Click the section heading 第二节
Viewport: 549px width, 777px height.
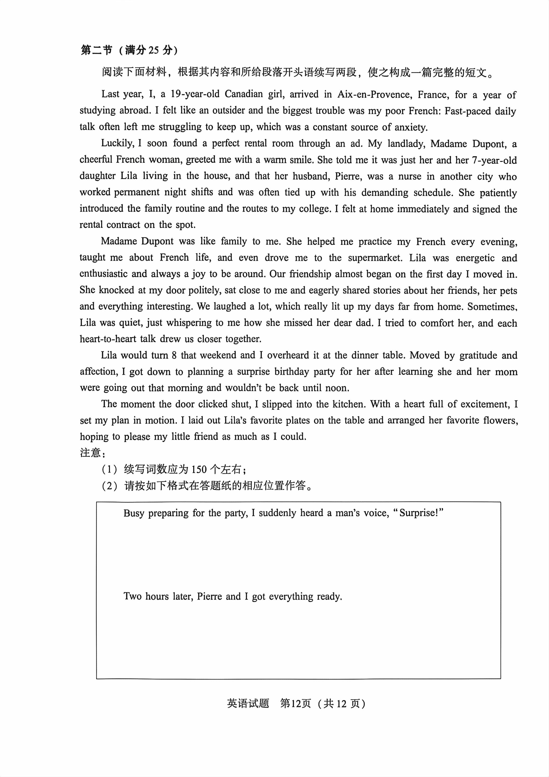[x=96, y=50]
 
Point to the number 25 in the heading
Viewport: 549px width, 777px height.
[x=153, y=50]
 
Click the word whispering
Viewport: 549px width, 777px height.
[x=188, y=323]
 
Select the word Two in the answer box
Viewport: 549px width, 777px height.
[x=132, y=596]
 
